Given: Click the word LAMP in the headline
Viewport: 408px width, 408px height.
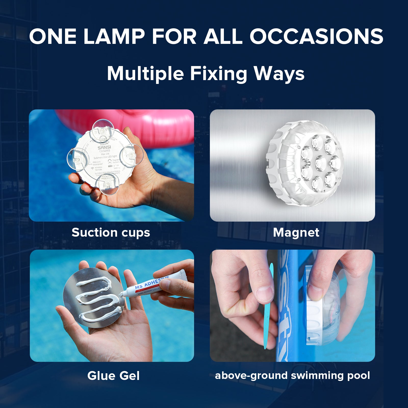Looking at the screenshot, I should point(114,36).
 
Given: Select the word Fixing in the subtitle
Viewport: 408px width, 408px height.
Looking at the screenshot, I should point(219,74).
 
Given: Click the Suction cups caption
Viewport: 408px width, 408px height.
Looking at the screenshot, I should point(111,233).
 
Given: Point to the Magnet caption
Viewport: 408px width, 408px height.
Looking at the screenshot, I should point(296,233).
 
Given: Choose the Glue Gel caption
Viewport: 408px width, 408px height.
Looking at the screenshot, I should point(113,376).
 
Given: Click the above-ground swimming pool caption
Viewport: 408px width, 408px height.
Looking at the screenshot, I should point(292,375).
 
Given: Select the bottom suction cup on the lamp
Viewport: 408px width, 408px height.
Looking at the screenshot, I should point(107,181).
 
